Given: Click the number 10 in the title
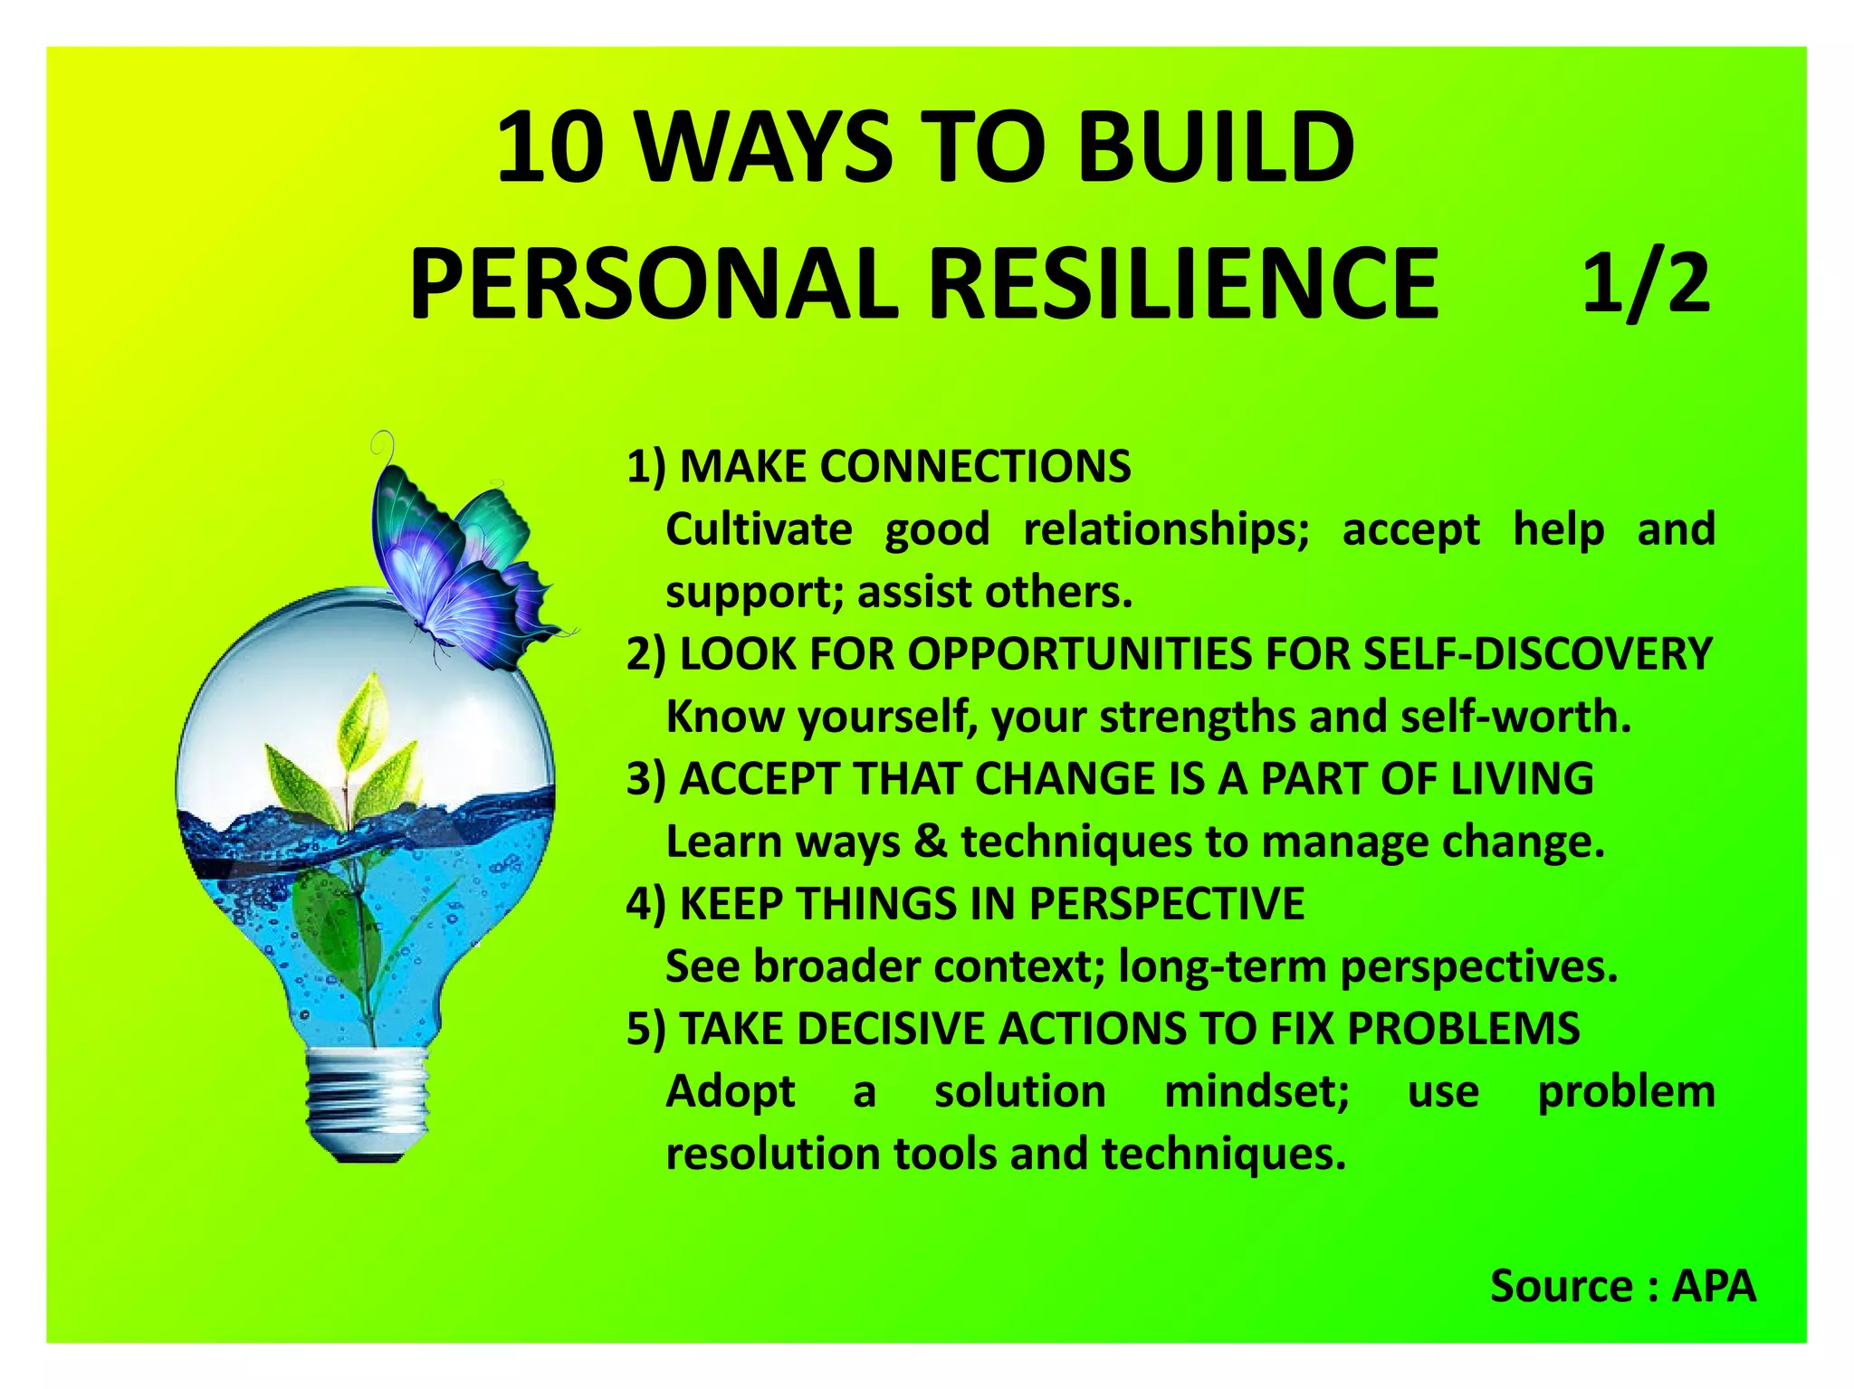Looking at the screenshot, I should coord(550,147).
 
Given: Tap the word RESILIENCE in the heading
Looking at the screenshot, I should coord(1183,284).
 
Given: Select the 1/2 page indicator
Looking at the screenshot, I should coord(1646,284).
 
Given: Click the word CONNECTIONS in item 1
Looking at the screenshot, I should coord(975,467).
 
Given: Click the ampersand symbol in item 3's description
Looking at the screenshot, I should coord(930,842).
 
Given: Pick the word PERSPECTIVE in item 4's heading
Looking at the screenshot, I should coord(1167,904).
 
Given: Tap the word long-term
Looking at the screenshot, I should coord(1222,966).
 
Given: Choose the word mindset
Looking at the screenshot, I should coord(1257,1091).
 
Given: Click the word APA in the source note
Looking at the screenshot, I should coord(1713,1286).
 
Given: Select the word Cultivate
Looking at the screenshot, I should coord(759,529).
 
